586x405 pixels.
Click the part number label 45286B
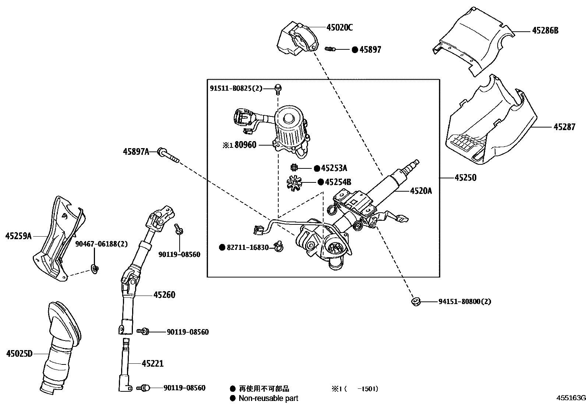(x=545, y=31)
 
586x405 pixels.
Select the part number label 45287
(x=565, y=127)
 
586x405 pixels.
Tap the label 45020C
(x=340, y=27)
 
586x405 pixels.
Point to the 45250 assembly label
(x=466, y=178)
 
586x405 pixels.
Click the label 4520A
(x=421, y=191)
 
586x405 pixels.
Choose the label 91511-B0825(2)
(x=236, y=88)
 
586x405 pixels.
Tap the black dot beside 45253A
(x=317, y=168)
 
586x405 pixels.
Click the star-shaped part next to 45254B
(x=294, y=182)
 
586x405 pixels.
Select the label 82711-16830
(x=248, y=247)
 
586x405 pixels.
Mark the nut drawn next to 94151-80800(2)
(x=416, y=301)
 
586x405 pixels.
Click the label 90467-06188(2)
(x=102, y=244)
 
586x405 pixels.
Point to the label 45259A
(x=18, y=236)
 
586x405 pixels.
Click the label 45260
(x=164, y=295)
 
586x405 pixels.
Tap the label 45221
(x=153, y=363)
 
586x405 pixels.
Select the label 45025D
(x=20, y=354)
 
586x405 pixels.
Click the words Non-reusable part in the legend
(x=268, y=398)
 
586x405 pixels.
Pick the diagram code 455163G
(x=571, y=398)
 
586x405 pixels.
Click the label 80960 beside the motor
(x=246, y=145)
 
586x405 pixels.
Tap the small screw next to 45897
(x=330, y=49)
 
